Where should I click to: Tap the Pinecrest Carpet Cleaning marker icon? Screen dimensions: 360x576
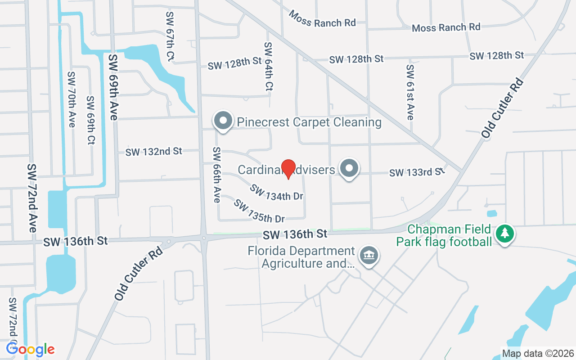(223, 121)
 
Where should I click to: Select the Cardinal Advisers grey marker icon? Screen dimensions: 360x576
(349, 169)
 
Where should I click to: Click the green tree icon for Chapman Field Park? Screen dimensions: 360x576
(505, 233)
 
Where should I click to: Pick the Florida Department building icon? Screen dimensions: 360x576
(369, 256)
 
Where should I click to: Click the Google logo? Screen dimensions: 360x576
(30, 349)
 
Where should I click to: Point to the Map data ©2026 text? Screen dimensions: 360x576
(538, 353)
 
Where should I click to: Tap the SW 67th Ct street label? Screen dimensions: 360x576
(170, 36)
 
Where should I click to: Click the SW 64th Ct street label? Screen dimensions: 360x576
(269, 67)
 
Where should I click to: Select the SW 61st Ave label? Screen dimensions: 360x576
(409, 92)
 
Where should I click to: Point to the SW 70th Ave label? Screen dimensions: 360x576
(71, 99)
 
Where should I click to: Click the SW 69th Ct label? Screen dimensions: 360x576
(91, 120)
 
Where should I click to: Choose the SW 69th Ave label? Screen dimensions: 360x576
(112, 87)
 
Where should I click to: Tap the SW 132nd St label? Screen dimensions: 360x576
(153, 152)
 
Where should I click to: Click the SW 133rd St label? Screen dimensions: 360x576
(417, 172)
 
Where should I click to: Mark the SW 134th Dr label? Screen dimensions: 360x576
(276, 192)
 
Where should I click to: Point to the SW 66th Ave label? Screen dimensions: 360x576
(217, 175)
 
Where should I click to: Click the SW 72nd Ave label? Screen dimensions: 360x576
(32, 198)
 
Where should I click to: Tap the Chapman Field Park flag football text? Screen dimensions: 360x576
(444, 236)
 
